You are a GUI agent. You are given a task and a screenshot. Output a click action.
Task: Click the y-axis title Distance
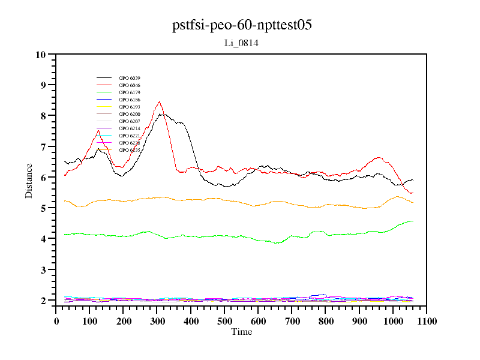point(29,181)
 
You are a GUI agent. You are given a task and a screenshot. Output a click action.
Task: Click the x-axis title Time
point(241,332)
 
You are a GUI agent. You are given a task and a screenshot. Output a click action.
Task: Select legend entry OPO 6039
point(130,78)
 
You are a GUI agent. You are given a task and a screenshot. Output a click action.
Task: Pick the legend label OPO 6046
point(130,85)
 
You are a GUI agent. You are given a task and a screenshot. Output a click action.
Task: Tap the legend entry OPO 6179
point(130,92)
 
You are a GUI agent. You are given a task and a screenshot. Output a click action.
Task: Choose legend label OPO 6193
point(130,107)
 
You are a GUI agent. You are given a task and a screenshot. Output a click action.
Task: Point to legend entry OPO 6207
point(130,121)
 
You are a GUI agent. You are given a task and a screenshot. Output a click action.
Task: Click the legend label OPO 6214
point(130,128)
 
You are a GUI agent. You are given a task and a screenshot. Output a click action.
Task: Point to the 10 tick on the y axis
point(41,55)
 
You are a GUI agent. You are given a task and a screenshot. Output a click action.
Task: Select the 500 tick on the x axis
point(224,322)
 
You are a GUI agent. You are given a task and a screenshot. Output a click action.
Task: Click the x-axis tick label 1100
point(426,322)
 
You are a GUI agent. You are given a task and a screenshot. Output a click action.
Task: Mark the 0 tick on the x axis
point(56,322)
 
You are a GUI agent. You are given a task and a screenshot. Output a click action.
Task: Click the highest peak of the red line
point(159,102)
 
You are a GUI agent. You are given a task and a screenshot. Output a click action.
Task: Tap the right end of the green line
point(413,221)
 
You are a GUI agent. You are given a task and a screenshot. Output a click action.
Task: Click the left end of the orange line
point(64,200)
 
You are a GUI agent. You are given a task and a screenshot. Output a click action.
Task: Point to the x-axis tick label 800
point(326,322)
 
